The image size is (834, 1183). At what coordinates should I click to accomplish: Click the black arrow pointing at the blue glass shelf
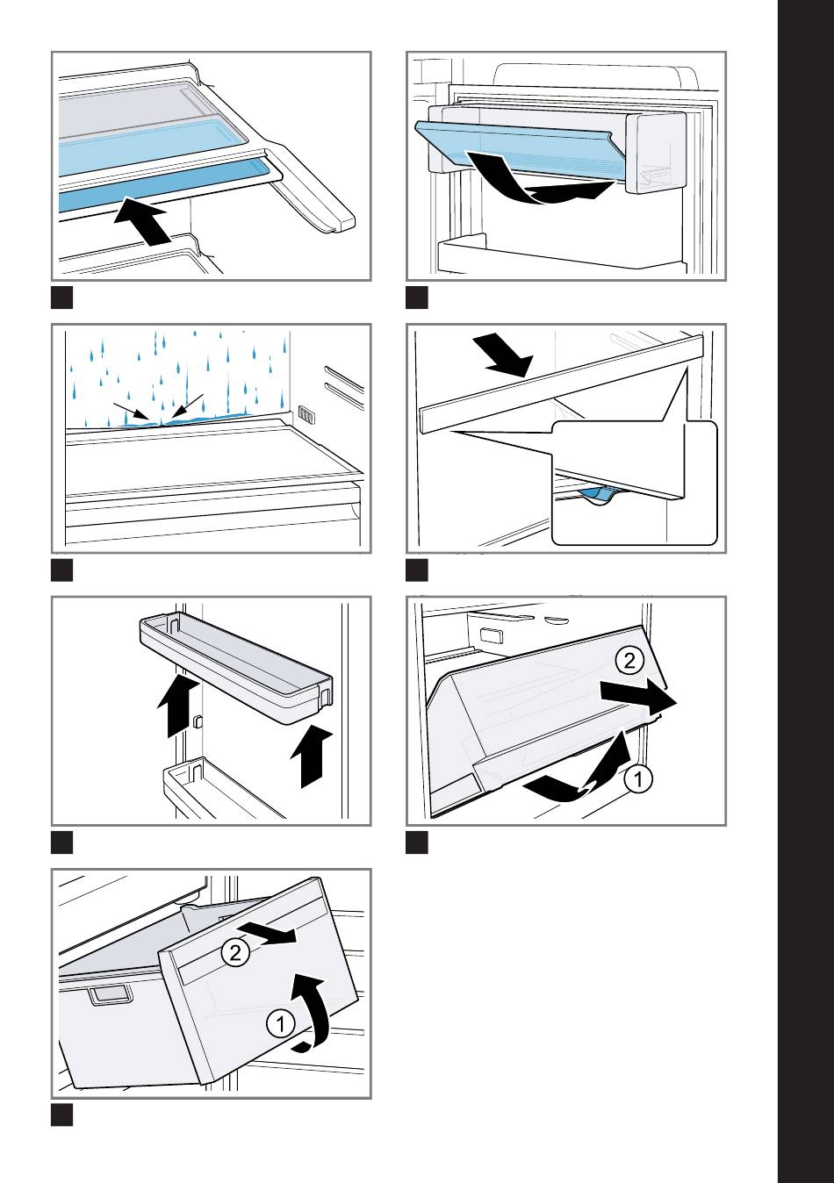click(141, 219)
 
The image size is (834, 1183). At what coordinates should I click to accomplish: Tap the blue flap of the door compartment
click(515, 145)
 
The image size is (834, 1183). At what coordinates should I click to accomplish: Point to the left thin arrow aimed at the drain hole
click(132, 412)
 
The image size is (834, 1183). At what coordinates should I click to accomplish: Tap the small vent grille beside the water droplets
click(306, 414)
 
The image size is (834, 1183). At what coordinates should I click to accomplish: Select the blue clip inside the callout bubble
click(599, 495)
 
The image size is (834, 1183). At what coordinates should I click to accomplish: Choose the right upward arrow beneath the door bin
click(312, 756)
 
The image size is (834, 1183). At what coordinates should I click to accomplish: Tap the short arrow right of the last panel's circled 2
click(266, 933)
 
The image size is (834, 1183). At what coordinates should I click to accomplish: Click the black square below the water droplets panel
click(61, 570)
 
